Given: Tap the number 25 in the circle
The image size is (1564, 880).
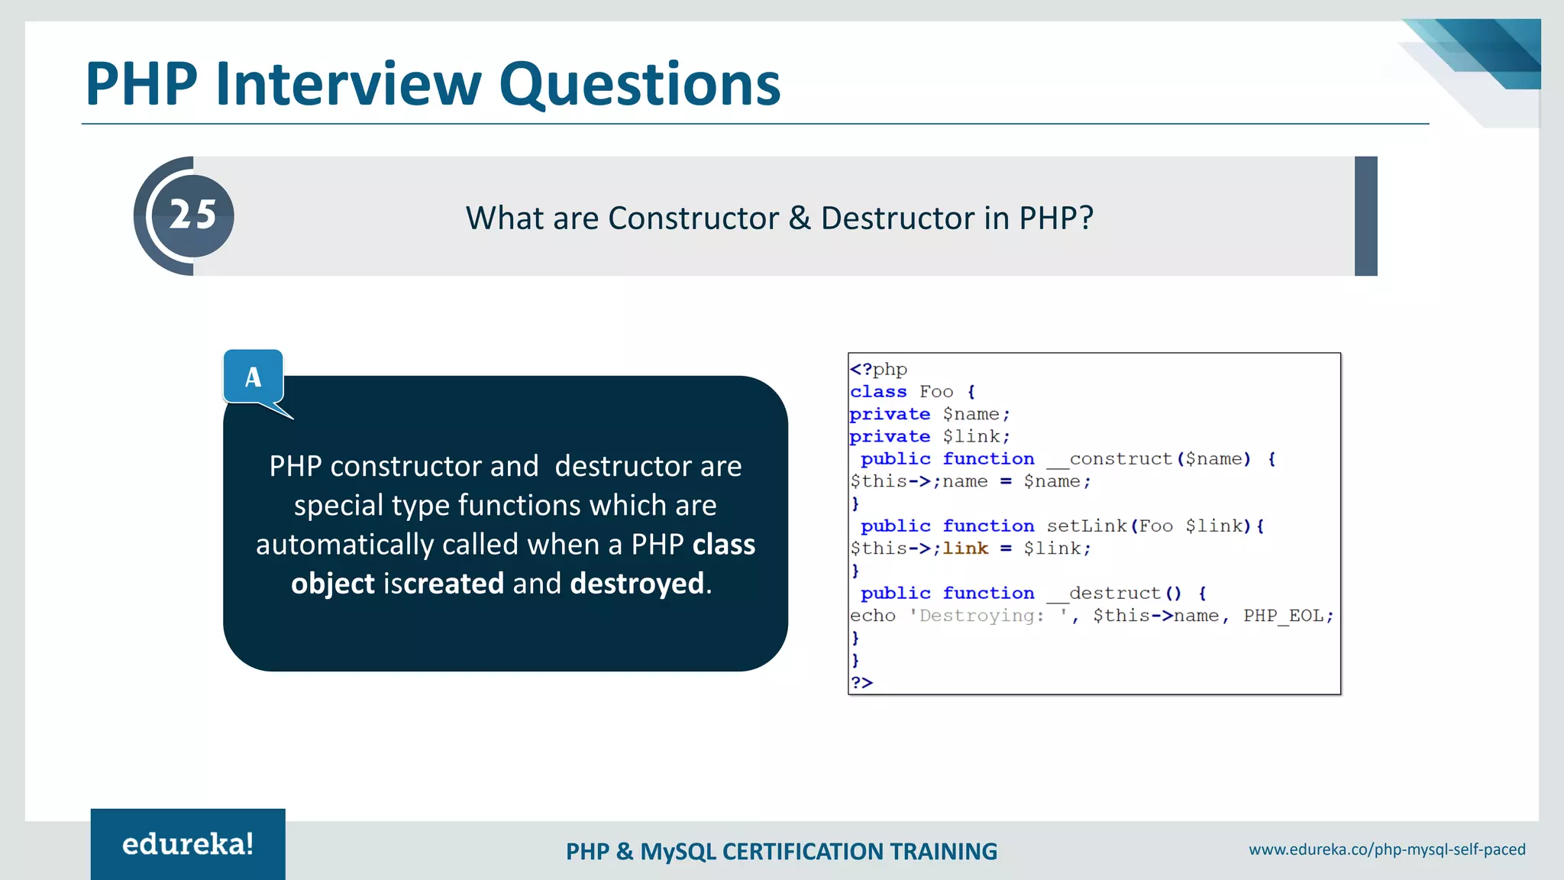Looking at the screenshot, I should (x=192, y=215).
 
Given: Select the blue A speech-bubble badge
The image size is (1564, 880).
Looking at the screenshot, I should (x=254, y=376).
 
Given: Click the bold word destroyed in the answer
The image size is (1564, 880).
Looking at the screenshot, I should (x=637, y=584).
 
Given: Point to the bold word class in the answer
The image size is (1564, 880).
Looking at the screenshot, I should (x=723, y=545).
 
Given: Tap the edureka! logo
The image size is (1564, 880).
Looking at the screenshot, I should (x=188, y=844).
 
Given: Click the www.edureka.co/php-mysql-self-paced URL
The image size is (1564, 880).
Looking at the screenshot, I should (x=1387, y=849).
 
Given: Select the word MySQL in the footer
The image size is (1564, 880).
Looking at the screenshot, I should (x=677, y=852).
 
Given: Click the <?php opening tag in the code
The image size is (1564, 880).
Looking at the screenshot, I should (x=878, y=370).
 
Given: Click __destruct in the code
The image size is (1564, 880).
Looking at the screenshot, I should (x=1104, y=594).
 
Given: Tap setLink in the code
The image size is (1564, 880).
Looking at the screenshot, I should (x=1087, y=526).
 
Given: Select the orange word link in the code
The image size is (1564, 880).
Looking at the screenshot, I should (x=965, y=548).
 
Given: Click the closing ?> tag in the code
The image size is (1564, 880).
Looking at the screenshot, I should (x=861, y=683).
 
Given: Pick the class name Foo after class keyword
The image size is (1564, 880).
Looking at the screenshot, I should (x=936, y=392).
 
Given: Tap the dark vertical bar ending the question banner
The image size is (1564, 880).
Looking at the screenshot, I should (x=1365, y=216).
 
